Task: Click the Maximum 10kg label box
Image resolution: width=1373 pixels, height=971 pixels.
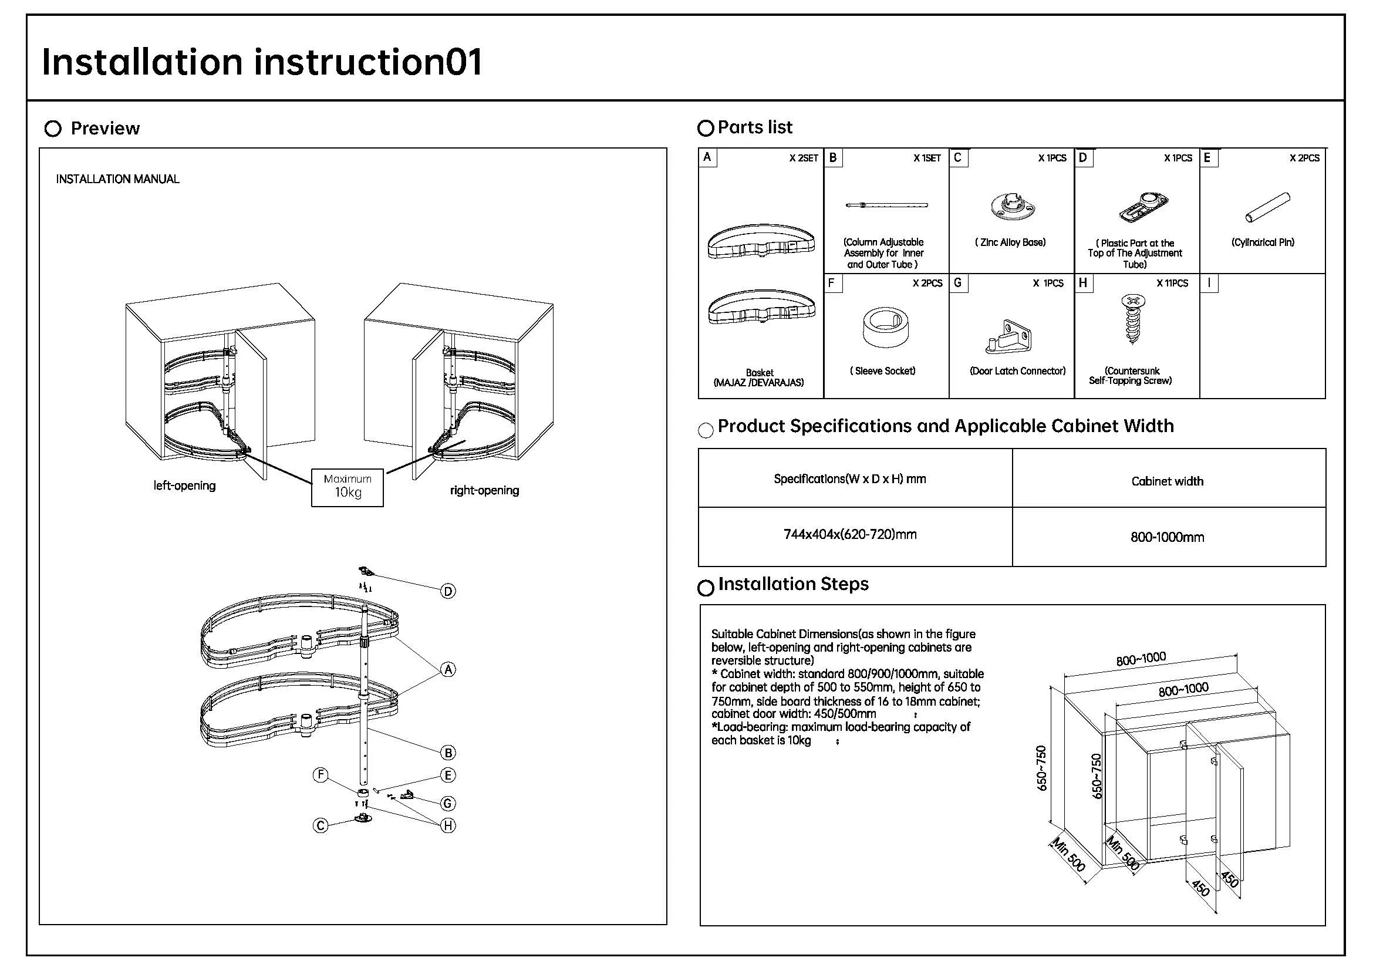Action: click(347, 487)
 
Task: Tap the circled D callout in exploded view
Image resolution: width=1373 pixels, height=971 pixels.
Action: click(448, 591)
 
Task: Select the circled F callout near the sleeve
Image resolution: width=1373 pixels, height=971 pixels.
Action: click(321, 776)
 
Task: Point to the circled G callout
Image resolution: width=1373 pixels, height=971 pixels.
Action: click(447, 804)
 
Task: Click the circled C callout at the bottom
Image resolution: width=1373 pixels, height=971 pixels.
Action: click(321, 826)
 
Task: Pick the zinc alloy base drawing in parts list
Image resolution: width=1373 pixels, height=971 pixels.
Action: click(1012, 207)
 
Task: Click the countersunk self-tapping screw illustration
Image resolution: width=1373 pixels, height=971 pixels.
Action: click(1132, 319)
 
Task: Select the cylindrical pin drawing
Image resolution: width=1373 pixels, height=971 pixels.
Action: click(1267, 207)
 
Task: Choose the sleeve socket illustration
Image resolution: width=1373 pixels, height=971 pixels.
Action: click(886, 328)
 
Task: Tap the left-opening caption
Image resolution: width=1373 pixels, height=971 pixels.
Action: click(184, 485)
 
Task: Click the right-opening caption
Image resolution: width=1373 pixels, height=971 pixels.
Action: click(484, 490)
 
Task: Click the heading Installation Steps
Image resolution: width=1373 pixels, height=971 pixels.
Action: click(793, 584)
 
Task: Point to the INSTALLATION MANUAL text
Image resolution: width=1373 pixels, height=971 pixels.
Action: click(117, 179)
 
